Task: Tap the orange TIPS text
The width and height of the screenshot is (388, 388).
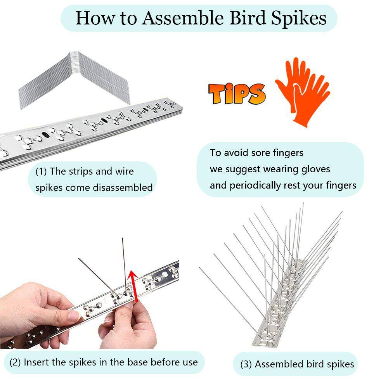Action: [237, 93]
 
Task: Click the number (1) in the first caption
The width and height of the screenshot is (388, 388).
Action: [42, 171]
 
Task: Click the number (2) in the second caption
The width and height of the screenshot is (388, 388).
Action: [15, 362]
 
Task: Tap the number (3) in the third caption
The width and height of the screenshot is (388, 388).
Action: [246, 364]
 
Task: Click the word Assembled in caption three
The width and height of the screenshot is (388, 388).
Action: [278, 364]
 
